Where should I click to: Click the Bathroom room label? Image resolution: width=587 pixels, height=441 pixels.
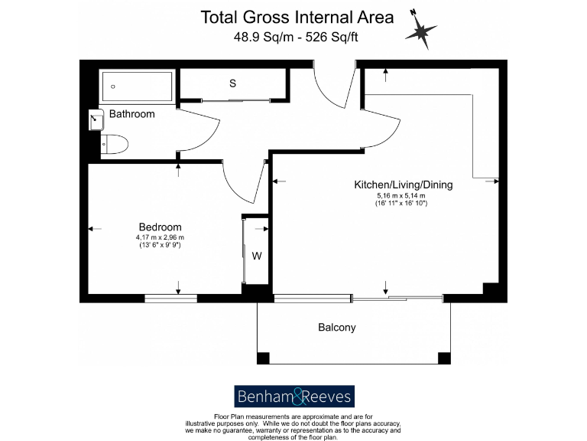tap(131, 114)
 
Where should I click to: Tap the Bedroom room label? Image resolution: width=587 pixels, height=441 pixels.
tap(160, 227)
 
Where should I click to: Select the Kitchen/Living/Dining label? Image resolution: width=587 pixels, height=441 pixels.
tap(403, 185)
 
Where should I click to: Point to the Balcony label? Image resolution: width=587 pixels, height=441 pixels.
tap(336, 328)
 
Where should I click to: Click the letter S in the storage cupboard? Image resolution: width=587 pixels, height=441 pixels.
tap(232, 84)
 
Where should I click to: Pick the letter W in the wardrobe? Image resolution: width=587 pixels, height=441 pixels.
tap(257, 256)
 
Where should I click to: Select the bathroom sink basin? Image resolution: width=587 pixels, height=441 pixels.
tap(96, 119)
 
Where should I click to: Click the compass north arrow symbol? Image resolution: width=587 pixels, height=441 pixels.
tap(420, 31)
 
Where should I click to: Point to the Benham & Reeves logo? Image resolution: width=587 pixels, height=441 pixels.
tap(293, 396)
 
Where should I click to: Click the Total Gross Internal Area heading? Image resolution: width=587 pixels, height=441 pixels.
tap(297, 16)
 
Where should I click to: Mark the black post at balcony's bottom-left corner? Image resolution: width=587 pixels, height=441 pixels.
tap(263, 358)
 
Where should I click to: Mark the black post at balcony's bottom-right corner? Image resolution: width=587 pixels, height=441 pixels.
tap(443, 358)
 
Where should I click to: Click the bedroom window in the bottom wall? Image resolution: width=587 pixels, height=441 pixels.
tap(170, 298)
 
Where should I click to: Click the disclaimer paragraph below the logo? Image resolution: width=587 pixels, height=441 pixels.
tap(293, 425)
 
